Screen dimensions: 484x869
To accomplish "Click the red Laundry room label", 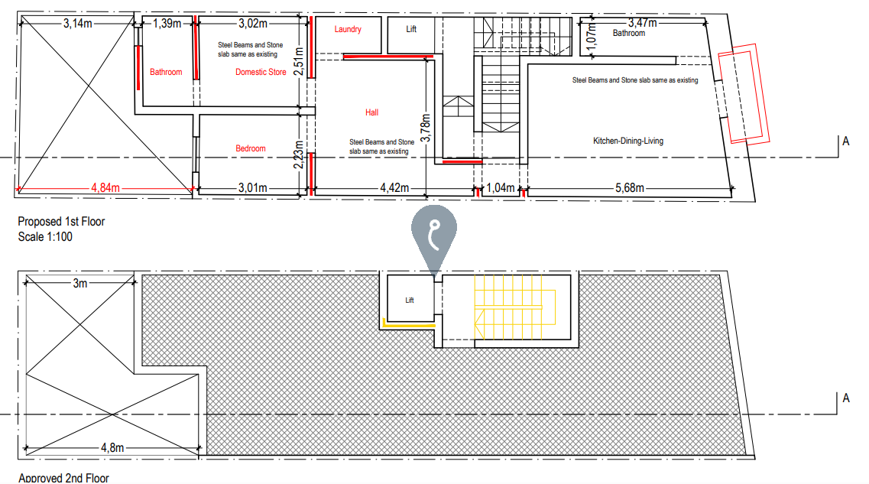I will click(x=348, y=30).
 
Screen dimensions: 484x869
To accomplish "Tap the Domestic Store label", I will click(x=261, y=72).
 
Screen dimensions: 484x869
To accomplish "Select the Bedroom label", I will click(x=250, y=148).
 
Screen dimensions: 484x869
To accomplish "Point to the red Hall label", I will click(x=371, y=112).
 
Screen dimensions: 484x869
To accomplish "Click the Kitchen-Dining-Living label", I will click(x=628, y=141).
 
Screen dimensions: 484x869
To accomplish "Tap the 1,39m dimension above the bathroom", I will click(x=167, y=24).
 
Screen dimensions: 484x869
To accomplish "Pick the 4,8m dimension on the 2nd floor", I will click(x=112, y=447).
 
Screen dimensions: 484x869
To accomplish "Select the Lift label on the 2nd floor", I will click(x=410, y=300).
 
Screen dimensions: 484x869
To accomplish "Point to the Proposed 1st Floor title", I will click(x=61, y=222).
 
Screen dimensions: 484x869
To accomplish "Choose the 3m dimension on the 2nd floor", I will click(x=80, y=283).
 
